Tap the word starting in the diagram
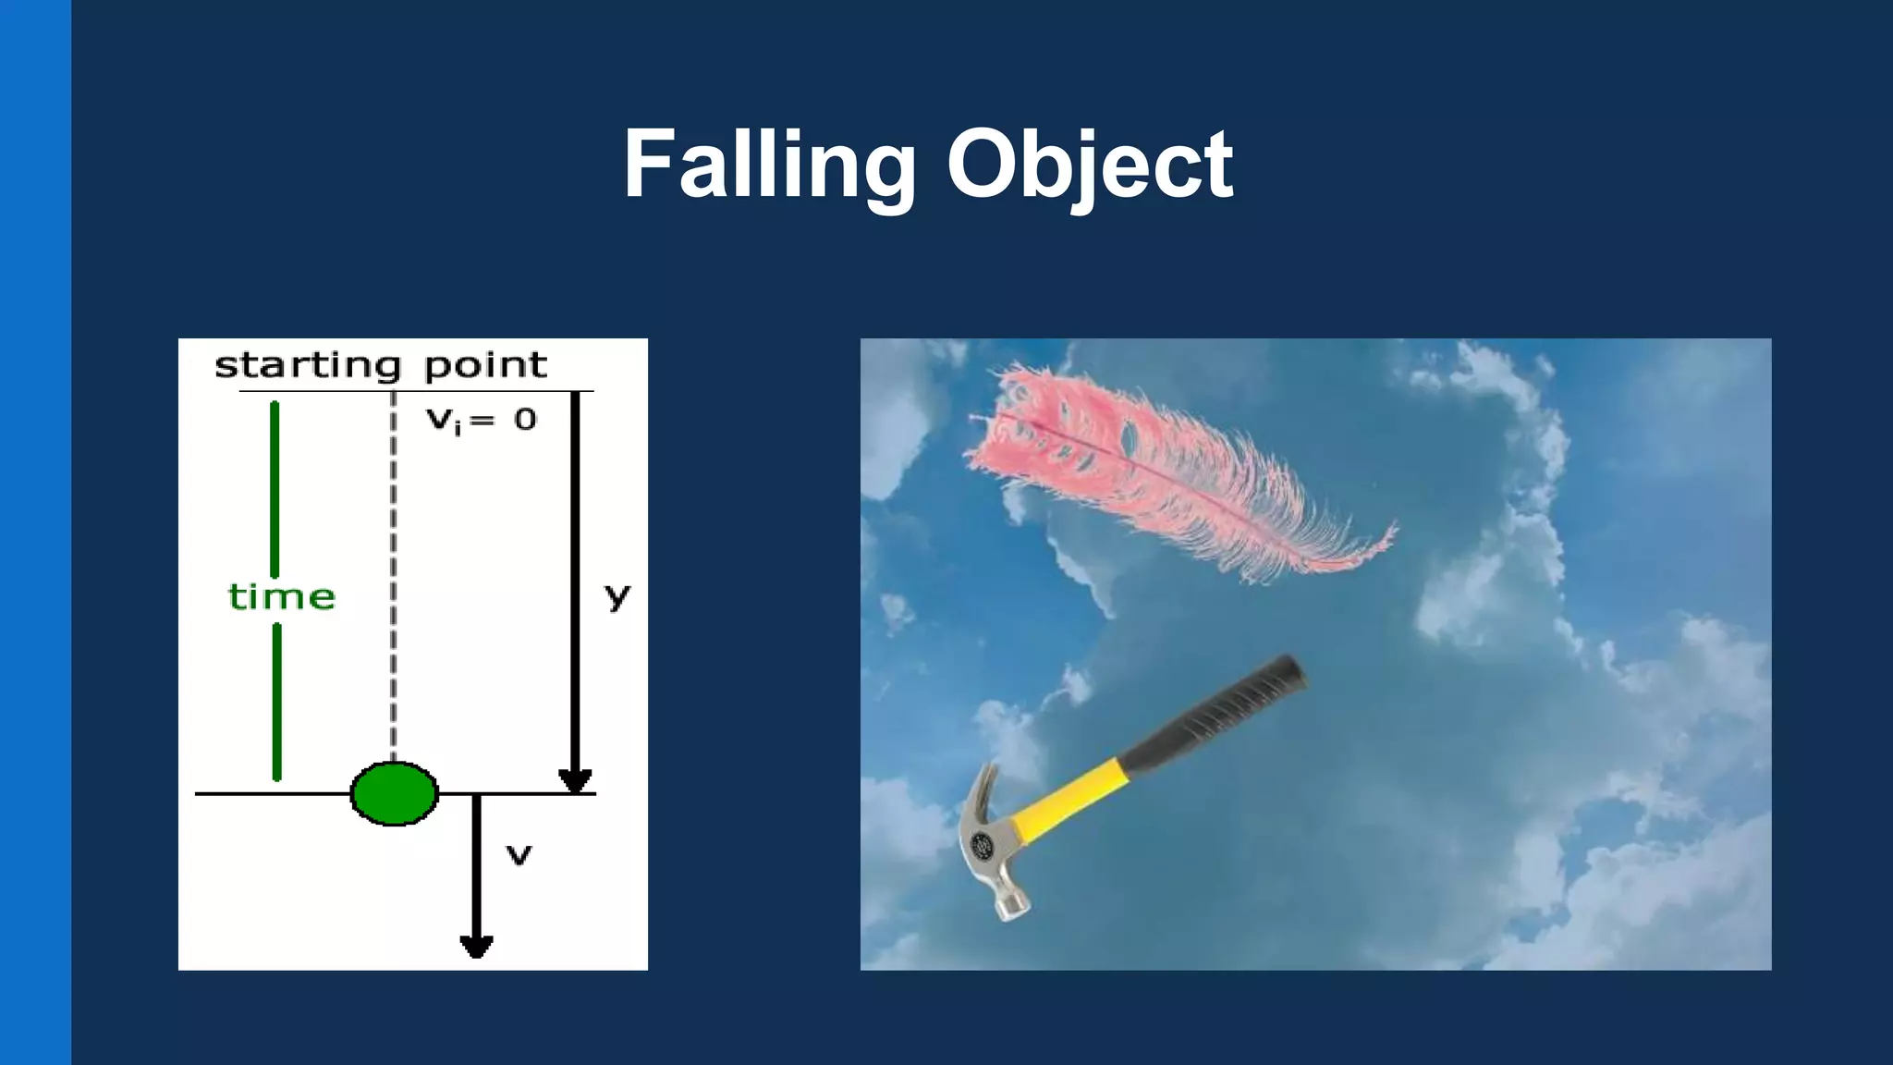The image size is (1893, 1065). [x=308, y=366]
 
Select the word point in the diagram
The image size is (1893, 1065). [x=485, y=366]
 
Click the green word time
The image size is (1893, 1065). [x=281, y=597]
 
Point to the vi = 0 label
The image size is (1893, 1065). [x=481, y=421]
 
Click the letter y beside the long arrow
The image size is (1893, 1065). [x=617, y=596]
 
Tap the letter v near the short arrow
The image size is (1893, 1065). [x=519, y=856]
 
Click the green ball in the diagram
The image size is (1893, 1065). [x=395, y=793]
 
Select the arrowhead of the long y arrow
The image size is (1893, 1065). [x=575, y=782]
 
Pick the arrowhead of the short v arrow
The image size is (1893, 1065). [x=476, y=947]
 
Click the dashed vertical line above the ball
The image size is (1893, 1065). [x=394, y=573]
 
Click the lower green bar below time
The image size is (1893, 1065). [x=276, y=703]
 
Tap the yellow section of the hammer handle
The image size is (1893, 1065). [x=1072, y=800]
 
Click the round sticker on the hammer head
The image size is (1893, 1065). [x=982, y=844]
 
